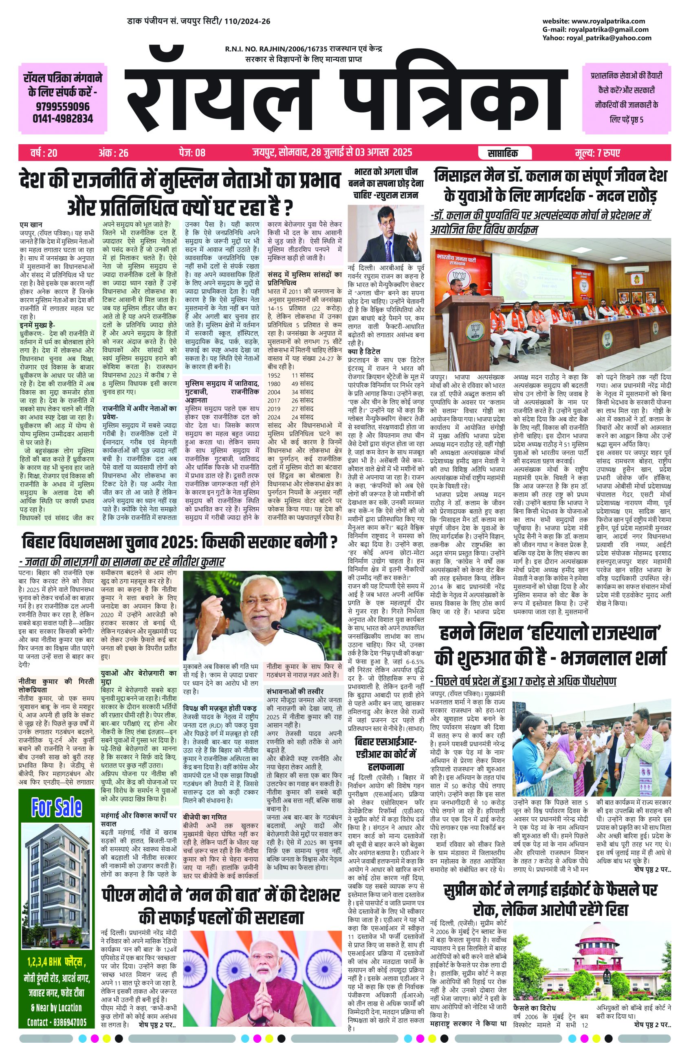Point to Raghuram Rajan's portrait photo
point(385,233)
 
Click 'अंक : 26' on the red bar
point(114,153)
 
